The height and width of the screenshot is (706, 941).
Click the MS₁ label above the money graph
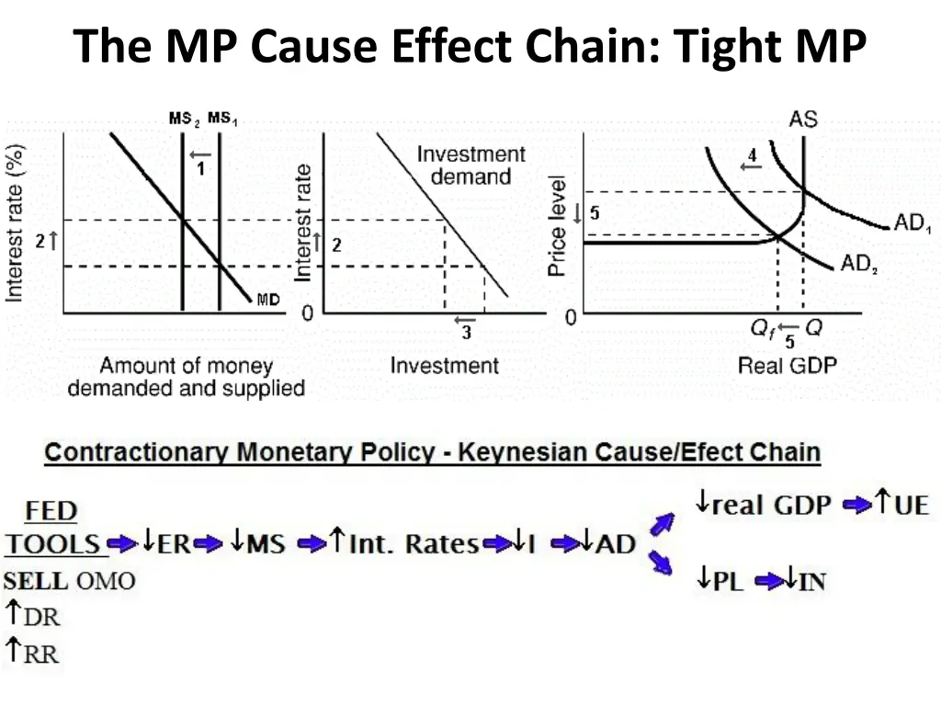coord(222,119)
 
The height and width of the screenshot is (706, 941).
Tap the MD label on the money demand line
coord(268,299)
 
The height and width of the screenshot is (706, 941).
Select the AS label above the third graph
coord(802,120)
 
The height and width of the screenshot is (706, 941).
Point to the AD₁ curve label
coord(913,224)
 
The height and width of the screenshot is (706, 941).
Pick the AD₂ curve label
coord(859,265)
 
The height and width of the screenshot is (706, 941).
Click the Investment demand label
coord(470,165)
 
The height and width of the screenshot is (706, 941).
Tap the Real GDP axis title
coord(788,366)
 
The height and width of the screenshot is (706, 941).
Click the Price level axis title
coord(557,226)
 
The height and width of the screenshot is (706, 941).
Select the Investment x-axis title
coord(444,366)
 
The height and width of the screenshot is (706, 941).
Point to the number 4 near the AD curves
coord(753,156)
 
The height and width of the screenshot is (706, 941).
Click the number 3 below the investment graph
coord(466,333)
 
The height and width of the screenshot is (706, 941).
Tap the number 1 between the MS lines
coord(200,169)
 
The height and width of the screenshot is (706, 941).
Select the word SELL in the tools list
coord(36,581)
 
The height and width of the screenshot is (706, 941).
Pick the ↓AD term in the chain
coord(607,543)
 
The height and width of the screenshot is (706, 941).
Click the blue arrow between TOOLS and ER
coord(122,543)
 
